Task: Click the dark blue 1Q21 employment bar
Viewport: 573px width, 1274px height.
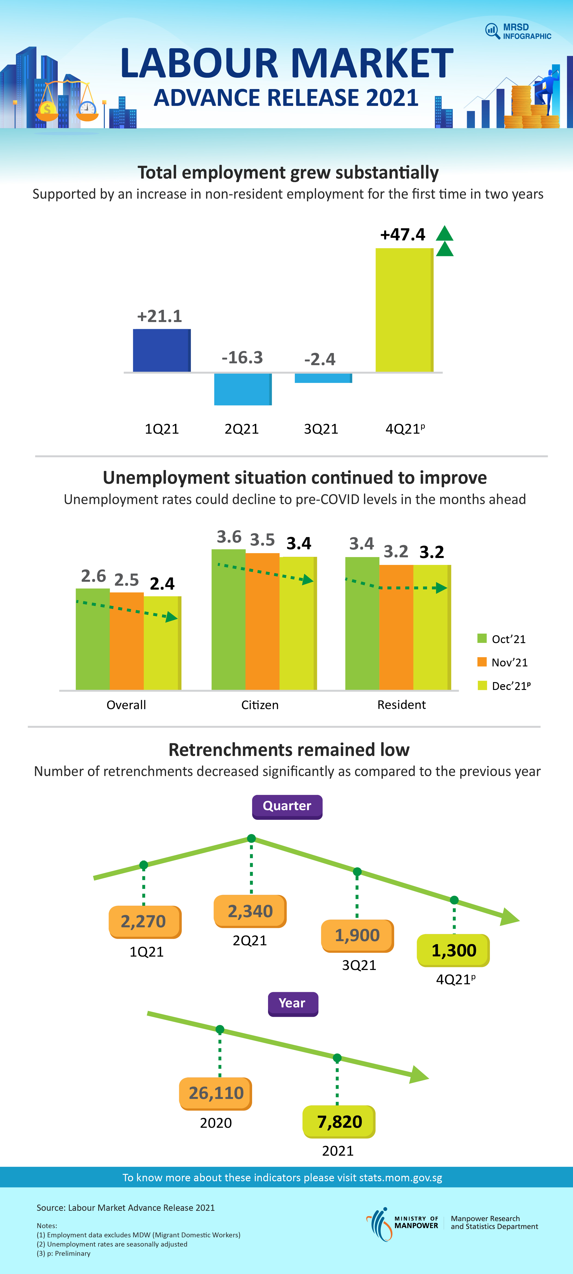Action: [x=162, y=350]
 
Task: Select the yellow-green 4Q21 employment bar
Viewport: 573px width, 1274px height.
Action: [x=404, y=310]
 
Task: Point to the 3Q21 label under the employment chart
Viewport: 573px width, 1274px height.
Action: [x=321, y=429]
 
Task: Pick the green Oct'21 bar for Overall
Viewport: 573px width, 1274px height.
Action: [x=93, y=639]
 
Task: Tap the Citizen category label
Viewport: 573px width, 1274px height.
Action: [x=260, y=705]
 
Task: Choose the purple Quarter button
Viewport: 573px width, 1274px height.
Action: [x=287, y=806]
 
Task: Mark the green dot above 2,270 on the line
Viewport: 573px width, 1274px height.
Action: [x=144, y=865]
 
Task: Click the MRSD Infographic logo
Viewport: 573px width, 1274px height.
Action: [x=518, y=31]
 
